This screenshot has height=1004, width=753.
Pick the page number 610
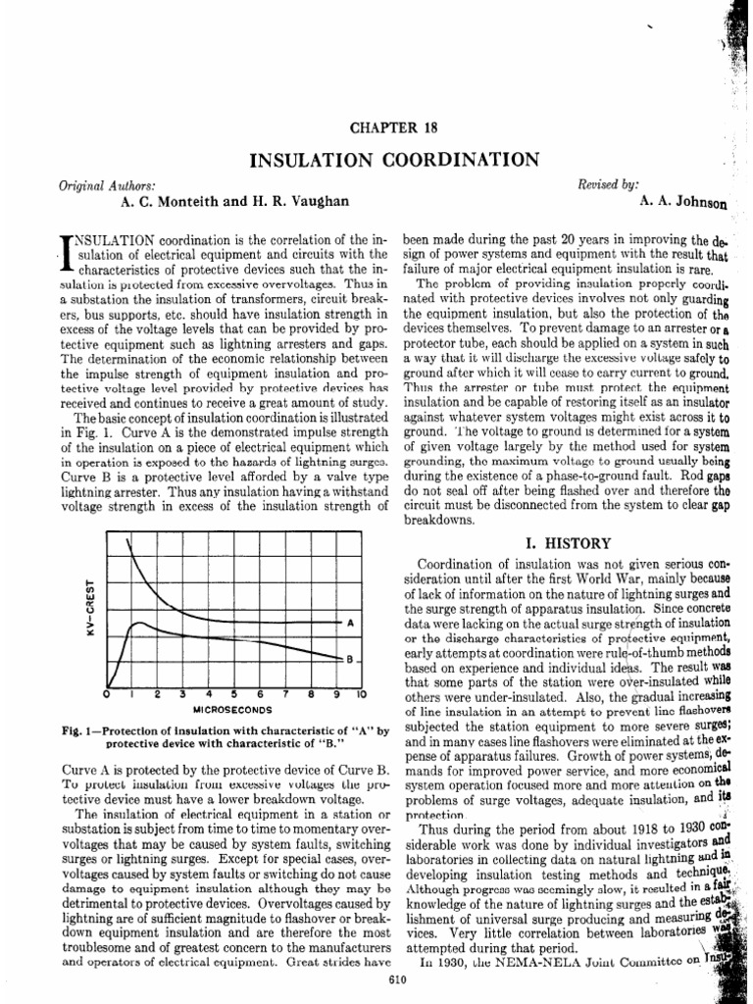(x=397, y=980)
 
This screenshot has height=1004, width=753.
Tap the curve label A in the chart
(x=350, y=624)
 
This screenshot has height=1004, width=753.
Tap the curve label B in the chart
(x=350, y=660)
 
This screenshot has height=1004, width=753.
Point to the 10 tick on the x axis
(x=361, y=694)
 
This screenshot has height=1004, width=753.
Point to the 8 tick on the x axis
(x=310, y=694)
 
